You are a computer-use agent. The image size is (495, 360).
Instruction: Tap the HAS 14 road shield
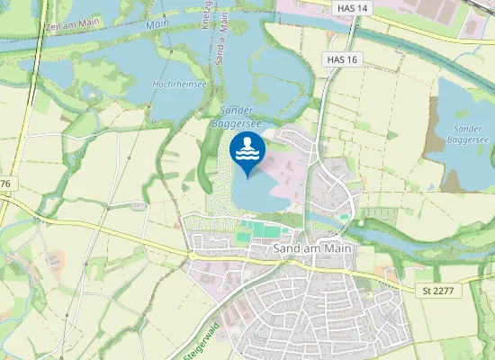350,8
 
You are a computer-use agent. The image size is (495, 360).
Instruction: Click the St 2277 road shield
439,291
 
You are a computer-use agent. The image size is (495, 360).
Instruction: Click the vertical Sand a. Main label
223,23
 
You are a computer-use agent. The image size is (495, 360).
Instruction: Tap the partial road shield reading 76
5,184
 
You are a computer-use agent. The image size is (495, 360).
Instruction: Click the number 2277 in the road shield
445,291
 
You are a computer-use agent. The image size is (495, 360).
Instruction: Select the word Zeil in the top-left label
52,27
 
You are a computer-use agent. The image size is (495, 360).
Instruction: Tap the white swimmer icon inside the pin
247,148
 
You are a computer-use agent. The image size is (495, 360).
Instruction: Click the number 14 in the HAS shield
362,8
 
